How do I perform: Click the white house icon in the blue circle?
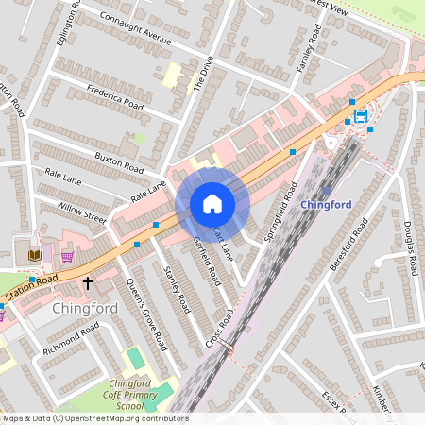click(x=212, y=203)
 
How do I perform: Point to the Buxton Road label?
click(x=120, y=159)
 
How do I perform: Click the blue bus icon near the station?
click(x=360, y=117)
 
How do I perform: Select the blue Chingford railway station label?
click(x=326, y=204)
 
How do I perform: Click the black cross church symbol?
click(x=88, y=282)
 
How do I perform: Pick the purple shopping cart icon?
click(x=67, y=256)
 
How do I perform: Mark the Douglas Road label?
click(x=410, y=248)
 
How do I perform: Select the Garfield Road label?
click(x=207, y=263)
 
